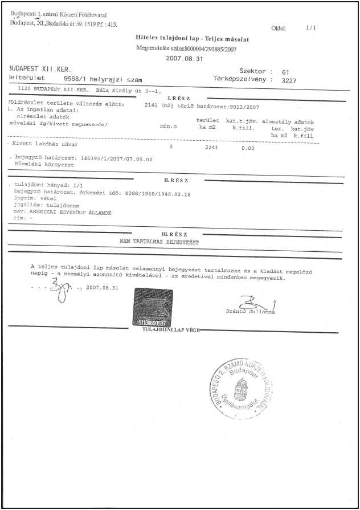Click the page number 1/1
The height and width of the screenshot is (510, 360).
click(310, 27)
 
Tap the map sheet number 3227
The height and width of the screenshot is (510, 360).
click(289, 80)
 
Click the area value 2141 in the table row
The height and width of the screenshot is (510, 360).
click(211, 147)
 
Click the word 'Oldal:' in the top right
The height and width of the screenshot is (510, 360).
click(279, 28)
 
